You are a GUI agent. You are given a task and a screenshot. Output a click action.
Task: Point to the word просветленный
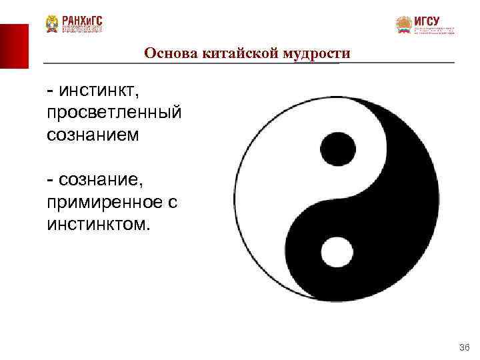coord(114,112)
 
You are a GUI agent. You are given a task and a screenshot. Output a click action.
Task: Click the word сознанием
coord(93,135)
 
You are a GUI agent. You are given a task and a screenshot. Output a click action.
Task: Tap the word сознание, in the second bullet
coord(101,179)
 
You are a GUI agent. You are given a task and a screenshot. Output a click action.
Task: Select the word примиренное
coord(104,201)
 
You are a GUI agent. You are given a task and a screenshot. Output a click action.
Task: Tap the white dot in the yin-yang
coord(337,253)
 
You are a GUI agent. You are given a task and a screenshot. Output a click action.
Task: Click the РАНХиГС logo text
coord(83,20)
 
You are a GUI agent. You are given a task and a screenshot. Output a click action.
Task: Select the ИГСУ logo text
coord(427,21)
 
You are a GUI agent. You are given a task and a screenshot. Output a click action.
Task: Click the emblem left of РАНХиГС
coord(52,24)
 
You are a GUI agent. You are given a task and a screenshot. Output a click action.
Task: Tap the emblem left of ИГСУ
coord(403,25)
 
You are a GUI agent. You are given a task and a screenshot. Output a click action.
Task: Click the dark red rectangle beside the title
coord(14,46)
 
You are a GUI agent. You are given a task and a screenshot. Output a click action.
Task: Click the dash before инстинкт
coord(51,90)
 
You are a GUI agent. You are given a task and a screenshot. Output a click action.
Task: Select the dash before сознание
coord(51,179)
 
